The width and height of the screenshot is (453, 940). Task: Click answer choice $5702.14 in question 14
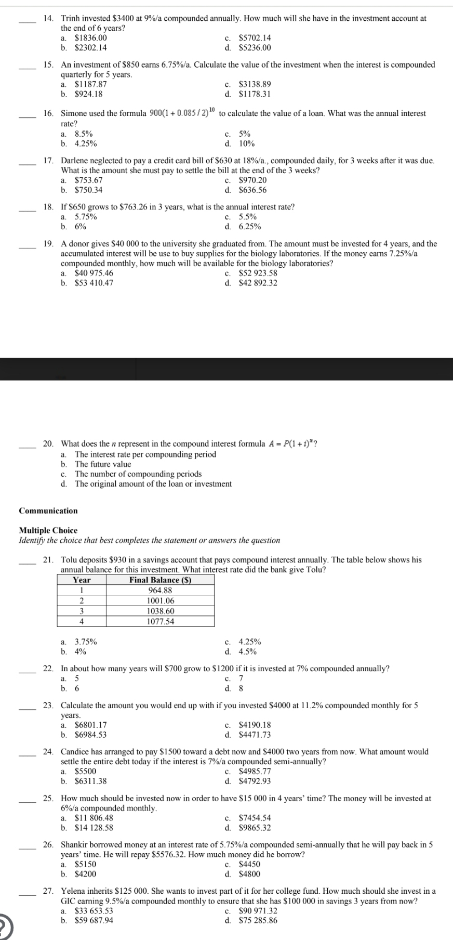(254, 38)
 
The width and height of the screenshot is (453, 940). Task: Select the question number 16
(48, 113)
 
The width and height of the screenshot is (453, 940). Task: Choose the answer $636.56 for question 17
(252, 190)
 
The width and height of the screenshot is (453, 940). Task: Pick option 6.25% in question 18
(249, 227)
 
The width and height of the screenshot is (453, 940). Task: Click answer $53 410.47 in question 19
(94, 283)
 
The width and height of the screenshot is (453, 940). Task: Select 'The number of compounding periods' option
(138, 474)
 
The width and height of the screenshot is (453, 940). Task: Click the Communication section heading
(48, 511)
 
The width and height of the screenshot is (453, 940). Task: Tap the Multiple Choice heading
(48, 530)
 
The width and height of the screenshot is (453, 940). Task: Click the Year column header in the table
(82, 580)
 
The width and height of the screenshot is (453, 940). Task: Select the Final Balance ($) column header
(160, 580)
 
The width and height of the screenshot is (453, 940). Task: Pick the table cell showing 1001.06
(160, 600)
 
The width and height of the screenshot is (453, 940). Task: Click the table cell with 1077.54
(160, 621)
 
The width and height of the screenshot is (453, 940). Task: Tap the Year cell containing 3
(82, 611)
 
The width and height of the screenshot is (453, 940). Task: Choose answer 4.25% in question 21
(249, 642)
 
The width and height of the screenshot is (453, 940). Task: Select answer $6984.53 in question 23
(90, 735)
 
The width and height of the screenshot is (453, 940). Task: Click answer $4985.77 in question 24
(254, 772)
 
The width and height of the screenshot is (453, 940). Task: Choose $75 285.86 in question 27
(258, 921)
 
